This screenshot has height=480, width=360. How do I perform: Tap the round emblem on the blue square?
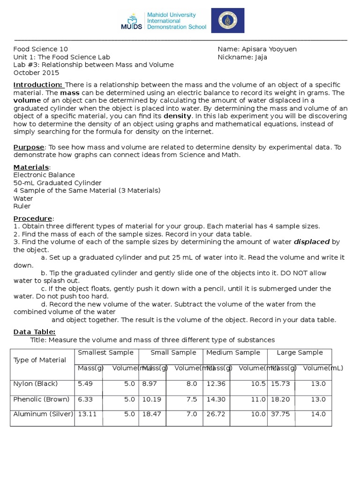coord(227,21)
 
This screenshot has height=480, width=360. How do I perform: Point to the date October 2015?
coord(36,73)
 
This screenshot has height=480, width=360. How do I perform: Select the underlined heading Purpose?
coord(29,147)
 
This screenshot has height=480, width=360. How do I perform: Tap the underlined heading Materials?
coord(31,167)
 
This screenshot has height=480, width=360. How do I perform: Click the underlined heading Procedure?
coord(33,218)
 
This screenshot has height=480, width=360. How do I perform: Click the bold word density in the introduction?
coord(177,116)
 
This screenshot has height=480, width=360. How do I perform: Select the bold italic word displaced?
coord(311,242)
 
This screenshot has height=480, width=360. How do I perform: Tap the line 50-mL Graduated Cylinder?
coord(57,183)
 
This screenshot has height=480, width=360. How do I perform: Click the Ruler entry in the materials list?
coord(22,206)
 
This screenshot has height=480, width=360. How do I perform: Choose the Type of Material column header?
coord(40,360)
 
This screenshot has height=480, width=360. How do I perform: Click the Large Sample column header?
coord(300,352)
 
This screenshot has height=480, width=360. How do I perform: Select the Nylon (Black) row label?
coord(36,384)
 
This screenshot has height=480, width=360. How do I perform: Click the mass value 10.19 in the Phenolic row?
coord(151,399)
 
